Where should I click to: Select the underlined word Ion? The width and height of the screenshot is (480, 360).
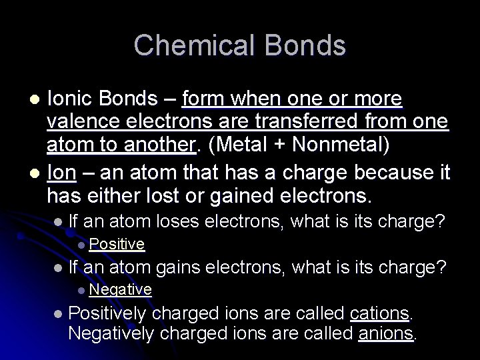62,173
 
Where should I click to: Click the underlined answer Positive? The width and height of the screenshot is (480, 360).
117,245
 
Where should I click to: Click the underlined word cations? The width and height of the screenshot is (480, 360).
379,313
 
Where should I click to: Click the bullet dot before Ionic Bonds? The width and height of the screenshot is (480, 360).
38,100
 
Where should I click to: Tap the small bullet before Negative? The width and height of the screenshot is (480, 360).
81,289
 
